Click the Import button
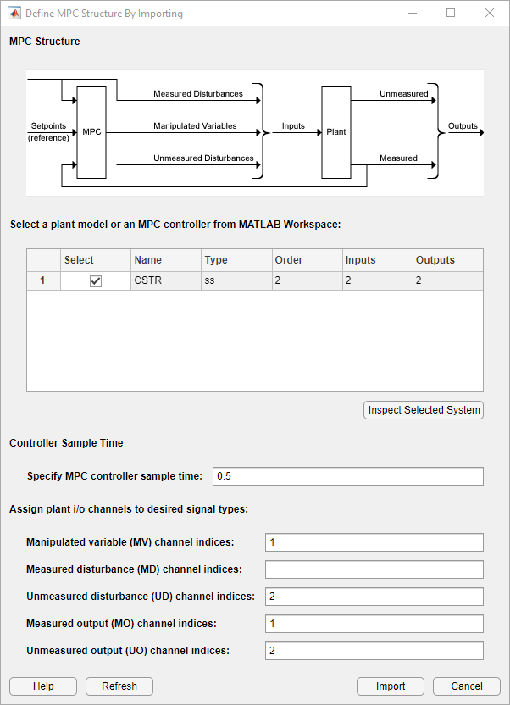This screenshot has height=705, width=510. click(x=391, y=686)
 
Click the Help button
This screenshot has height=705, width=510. click(x=43, y=686)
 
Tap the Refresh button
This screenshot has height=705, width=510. click(x=119, y=686)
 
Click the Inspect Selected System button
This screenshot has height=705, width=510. click(x=424, y=410)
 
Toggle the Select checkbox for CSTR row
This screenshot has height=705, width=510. click(x=96, y=281)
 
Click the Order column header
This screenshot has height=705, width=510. click(x=307, y=260)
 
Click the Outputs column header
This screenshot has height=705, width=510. click(x=447, y=260)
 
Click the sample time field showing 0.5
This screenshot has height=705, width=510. click(x=347, y=476)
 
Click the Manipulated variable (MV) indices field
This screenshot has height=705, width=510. click(x=374, y=542)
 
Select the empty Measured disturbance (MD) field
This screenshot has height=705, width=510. click(x=374, y=569)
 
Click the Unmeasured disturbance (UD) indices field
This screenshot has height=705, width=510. click(x=374, y=597)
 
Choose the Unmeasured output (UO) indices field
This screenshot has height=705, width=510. click(x=374, y=651)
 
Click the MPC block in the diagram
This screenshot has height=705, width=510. click(x=91, y=132)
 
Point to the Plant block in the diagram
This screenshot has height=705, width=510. click(x=336, y=132)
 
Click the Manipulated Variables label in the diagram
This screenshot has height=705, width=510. click(x=195, y=126)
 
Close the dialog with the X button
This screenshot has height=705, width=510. click(x=490, y=14)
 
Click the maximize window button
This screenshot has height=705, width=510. click(x=451, y=14)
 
